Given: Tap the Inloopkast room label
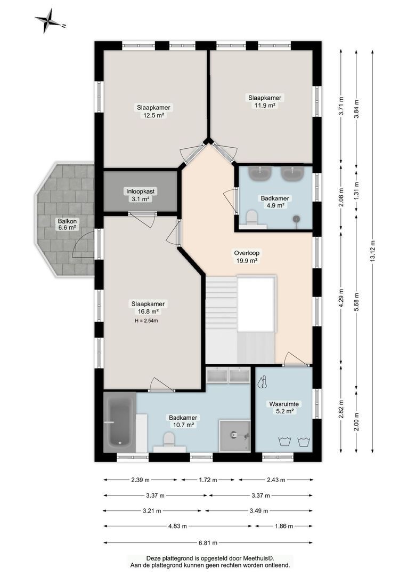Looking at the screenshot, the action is (141, 191).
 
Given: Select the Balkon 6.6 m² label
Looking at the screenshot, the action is (67, 225).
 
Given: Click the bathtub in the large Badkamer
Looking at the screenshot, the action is (118, 422).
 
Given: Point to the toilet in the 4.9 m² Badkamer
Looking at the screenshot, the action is (252, 217).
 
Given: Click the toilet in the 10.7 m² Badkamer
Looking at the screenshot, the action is (169, 439).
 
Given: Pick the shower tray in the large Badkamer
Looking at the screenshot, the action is (235, 436).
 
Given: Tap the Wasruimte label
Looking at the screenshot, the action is (284, 404).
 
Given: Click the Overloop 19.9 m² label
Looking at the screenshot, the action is (247, 257).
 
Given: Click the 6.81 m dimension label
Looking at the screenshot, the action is (208, 542).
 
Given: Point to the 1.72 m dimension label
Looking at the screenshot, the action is (208, 480).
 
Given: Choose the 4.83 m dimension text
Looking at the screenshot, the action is (177, 526).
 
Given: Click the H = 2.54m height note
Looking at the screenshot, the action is (146, 321).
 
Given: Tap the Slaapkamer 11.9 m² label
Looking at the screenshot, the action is (265, 101).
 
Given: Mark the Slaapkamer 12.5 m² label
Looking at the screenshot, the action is (153, 111).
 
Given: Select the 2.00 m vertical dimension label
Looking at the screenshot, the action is (357, 421).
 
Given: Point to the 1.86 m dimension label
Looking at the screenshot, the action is (284, 526).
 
